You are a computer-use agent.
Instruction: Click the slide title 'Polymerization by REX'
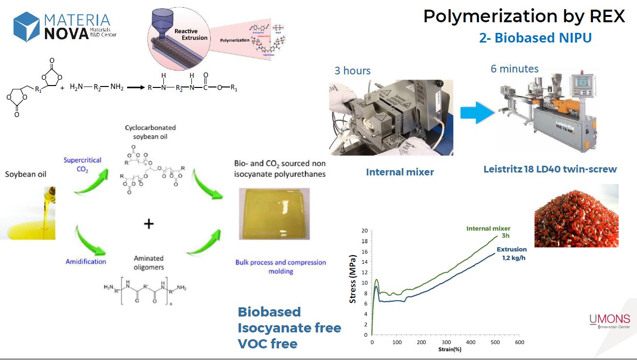tap(524, 16)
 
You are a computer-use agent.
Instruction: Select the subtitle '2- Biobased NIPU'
tap(535, 38)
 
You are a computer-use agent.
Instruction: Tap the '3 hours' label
tap(352, 71)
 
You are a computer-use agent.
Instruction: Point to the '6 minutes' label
tap(514, 69)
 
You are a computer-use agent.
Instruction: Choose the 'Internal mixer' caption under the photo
tap(400, 172)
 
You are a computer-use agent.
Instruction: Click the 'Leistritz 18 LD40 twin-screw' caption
tap(550, 169)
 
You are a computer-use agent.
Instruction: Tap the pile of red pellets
tap(576, 216)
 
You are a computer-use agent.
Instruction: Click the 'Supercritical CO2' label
tap(82, 164)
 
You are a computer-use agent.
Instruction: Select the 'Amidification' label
tap(86, 261)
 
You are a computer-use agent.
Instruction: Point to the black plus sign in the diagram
tap(149, 223)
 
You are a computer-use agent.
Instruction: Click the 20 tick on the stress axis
tap(364, 230)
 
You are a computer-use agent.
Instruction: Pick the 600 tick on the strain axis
tap(520, 343)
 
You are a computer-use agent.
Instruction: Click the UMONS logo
tap(609, 319)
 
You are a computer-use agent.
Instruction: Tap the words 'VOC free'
tap(267, 344)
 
